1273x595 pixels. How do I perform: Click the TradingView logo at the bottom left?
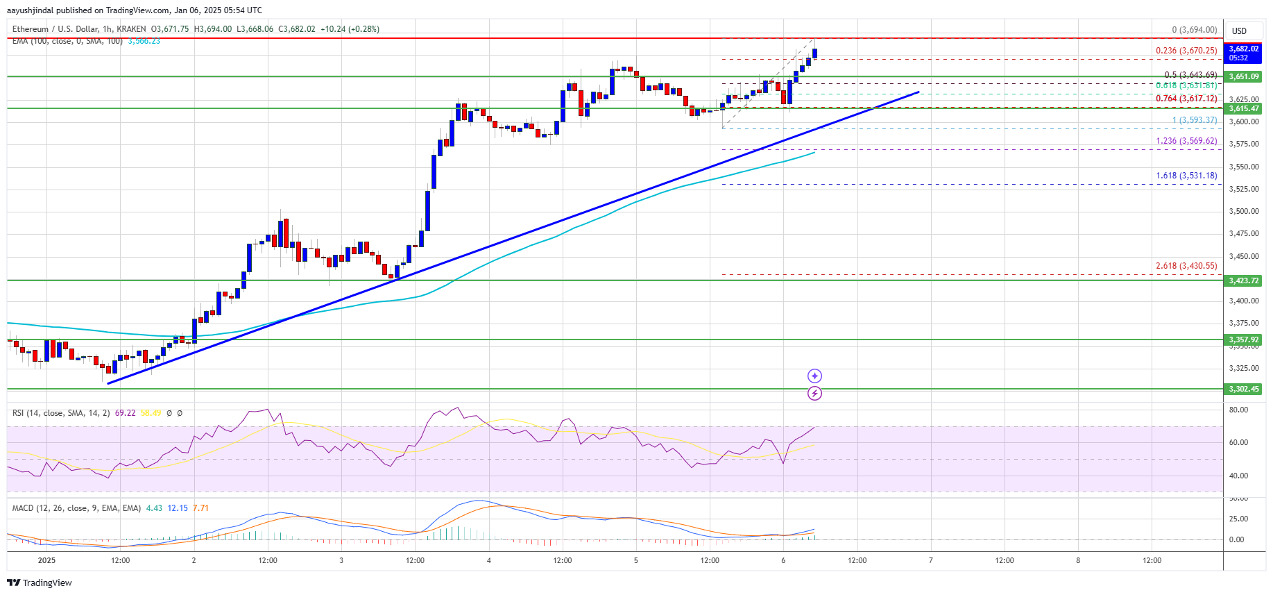(40, 583)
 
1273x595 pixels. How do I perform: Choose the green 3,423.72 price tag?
(1243, 280)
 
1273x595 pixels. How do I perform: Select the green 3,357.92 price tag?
(1243, 340)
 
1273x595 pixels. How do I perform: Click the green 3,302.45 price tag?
(1243, 389)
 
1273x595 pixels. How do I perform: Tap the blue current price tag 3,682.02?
(1243, 49)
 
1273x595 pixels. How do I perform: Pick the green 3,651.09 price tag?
(1243, 77)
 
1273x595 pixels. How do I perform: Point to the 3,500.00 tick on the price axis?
(1243, 211)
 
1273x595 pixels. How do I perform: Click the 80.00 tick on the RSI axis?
(1238, 410)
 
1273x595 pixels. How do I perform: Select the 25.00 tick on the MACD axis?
(1238, 519)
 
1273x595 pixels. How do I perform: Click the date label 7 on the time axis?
(930, 560)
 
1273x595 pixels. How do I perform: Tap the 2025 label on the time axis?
(46, 560)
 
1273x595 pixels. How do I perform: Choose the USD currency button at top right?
(1239, 31)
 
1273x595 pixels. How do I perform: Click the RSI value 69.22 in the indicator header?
(125, 413)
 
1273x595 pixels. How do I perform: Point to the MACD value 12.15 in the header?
(178, 508)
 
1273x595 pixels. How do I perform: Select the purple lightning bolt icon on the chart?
(814, 394)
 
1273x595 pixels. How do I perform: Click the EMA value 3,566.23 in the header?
(144, 41)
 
